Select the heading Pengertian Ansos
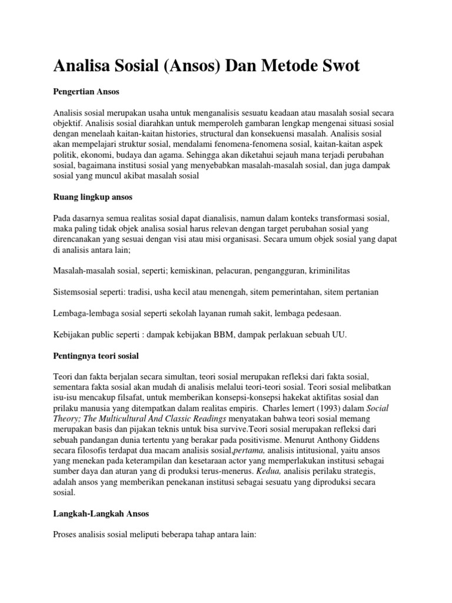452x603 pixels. click(85, 92)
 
